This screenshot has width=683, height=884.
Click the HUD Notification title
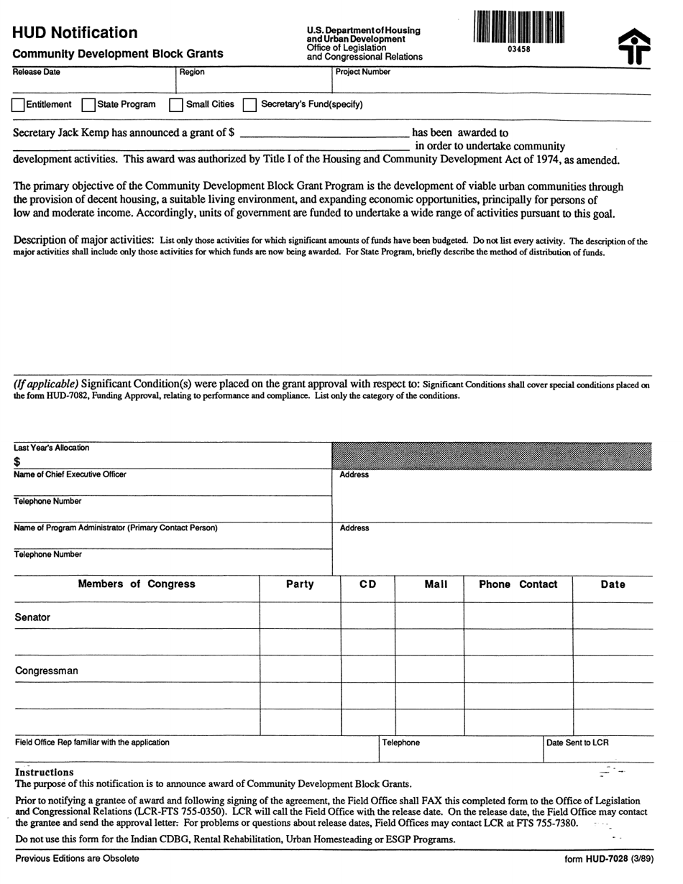[75, 33]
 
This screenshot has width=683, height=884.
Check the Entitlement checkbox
[18, 105]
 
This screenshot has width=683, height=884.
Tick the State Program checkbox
[88, 105]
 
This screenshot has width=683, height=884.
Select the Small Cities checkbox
[175, 105]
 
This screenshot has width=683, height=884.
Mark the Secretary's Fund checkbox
[249, 105]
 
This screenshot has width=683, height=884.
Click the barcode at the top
[518, 28]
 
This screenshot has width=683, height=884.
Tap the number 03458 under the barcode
[518, 50]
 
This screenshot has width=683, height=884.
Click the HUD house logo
[634, 46]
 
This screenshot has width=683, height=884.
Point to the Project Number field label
[363, 72]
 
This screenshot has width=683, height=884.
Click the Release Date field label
[37, 72]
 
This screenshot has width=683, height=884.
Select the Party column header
[300, 584]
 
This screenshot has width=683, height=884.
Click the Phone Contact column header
[518, 584]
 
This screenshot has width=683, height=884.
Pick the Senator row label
[33, 617]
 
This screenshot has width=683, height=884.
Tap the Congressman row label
[47, 671]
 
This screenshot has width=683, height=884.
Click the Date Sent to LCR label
[577, 742]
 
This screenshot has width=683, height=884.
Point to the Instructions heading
[45, 773]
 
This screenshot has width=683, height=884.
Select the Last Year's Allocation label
[52, 448]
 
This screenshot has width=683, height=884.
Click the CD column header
[367, 584]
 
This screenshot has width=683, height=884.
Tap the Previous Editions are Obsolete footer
[77, 858]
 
